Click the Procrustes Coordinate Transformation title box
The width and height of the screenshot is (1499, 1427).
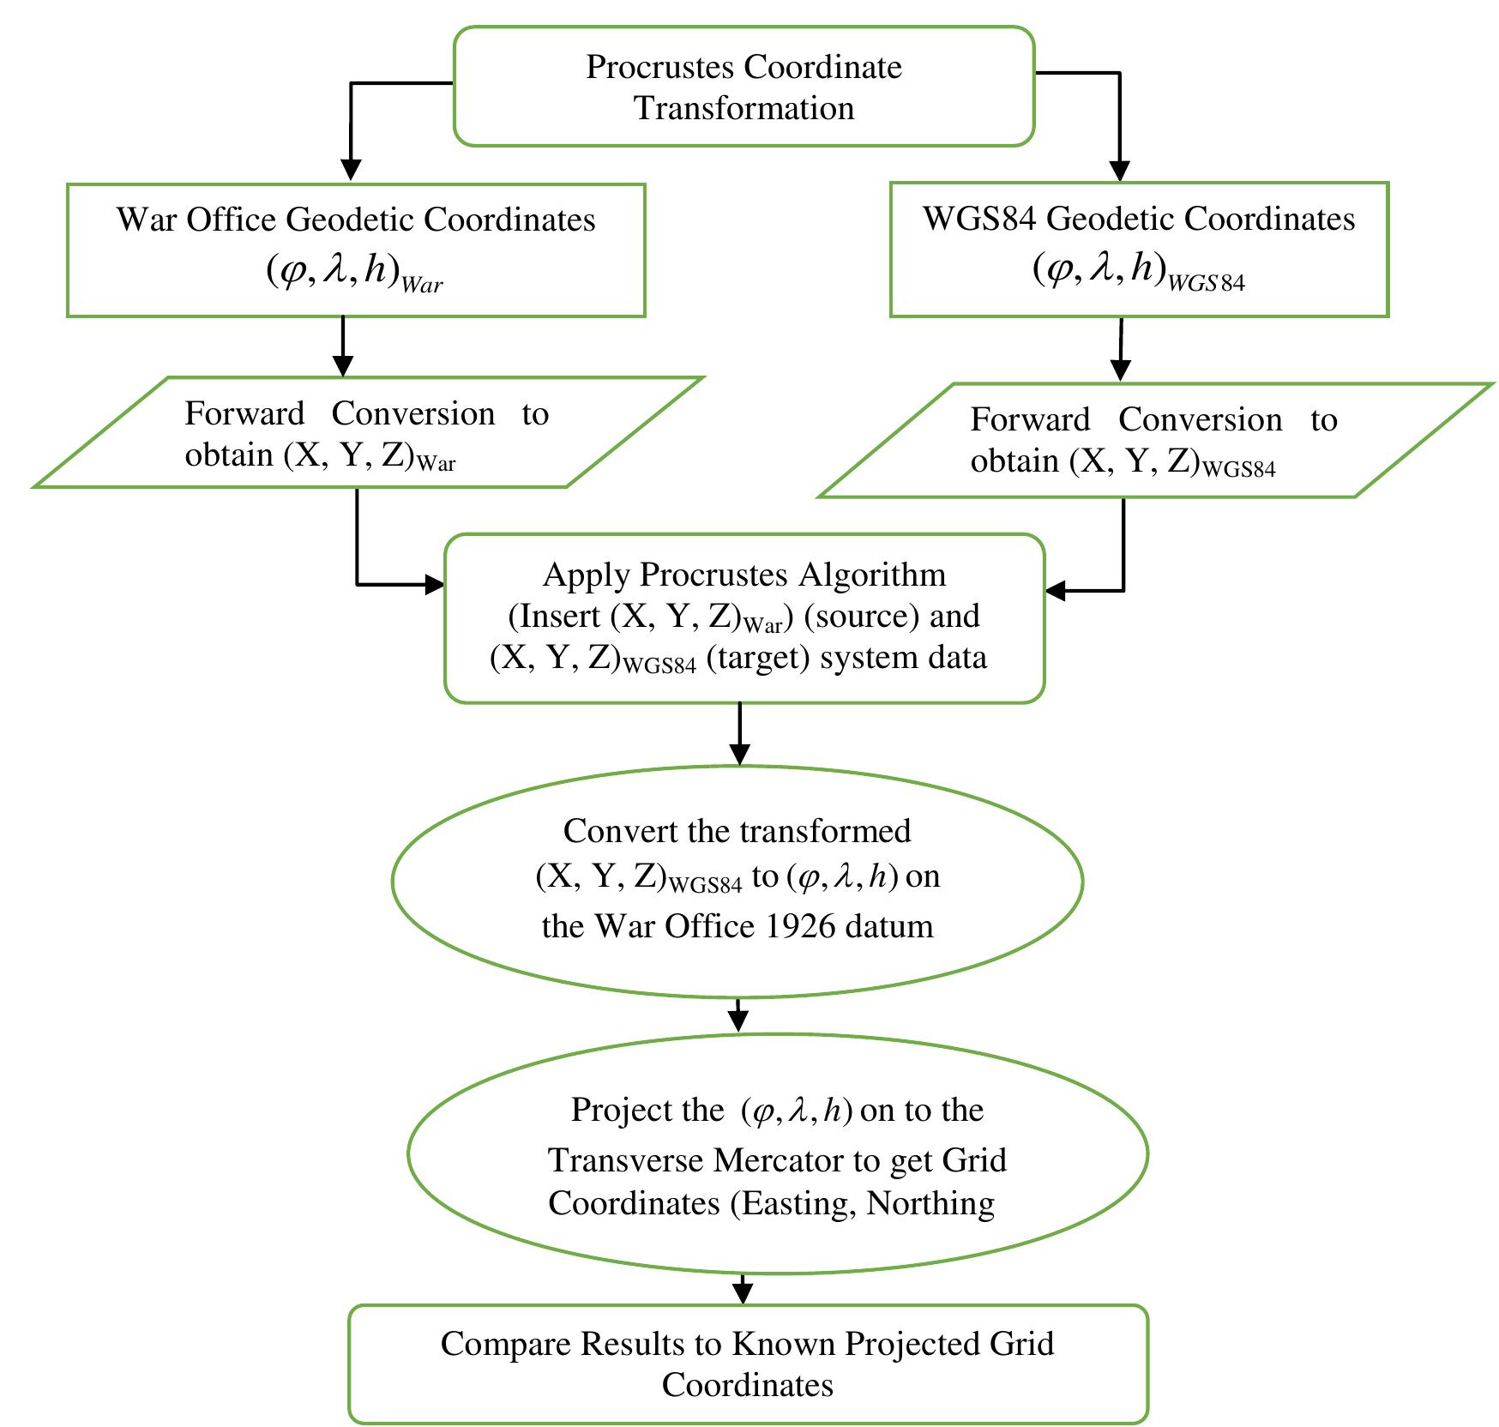(x=743, y=87)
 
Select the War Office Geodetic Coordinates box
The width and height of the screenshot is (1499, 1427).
(x=355, y=250)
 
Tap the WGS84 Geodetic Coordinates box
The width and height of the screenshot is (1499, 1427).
(x=1138, y=250)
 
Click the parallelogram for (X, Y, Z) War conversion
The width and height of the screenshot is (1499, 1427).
(x=367, y=433)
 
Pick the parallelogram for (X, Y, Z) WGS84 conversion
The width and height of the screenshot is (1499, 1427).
(x=1153, y=440)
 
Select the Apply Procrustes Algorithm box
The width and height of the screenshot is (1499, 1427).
(x=743, y=618)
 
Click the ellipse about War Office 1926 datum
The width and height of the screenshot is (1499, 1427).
(x=737, y=880)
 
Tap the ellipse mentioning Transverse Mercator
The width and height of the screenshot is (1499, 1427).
(x=776, y=1153)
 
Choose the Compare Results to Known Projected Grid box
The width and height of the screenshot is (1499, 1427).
(x=747, y=1364)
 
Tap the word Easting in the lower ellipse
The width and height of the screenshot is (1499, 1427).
(x=796, y=1203)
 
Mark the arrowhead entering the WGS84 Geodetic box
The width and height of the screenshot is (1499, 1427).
(x=1119, y=170)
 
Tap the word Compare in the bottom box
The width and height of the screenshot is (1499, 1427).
(x=506, y=1343)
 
